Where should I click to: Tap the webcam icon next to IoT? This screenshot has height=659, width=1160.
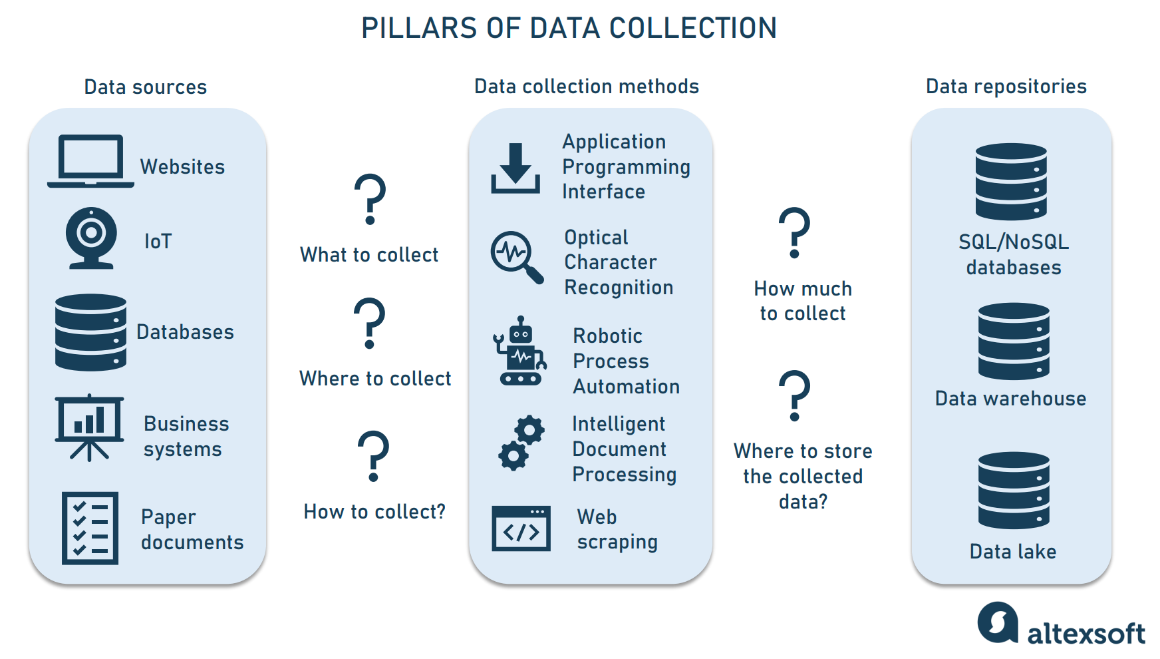[91, 238]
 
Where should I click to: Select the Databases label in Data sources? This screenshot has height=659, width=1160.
[185, 331]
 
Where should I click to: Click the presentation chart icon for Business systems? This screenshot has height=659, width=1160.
[89, 427]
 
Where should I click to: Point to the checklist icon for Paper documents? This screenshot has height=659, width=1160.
[90, 528]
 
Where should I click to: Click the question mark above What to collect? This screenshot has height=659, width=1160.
[370, 198]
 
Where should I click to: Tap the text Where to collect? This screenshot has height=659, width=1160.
[375, 378]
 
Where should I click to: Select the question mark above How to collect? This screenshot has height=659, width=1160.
[373, 455]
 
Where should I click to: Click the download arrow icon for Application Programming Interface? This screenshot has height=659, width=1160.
[515, 168]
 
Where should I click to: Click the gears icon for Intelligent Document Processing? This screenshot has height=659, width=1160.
[521, 443]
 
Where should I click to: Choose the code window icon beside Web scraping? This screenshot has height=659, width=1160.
[521, 529]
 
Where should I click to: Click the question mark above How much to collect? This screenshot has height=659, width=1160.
[794, 232]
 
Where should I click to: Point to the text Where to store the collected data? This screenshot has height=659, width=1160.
[803, 476]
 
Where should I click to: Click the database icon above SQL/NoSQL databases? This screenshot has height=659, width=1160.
[1011, 181]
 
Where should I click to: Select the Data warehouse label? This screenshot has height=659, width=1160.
[1010, 398]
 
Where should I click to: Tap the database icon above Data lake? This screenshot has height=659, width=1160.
[1014, 490]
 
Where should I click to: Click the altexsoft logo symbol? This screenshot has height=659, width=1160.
[998, 622]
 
